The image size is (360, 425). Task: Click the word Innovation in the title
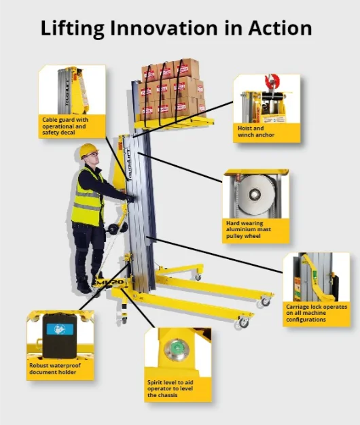click(x=164, y=28)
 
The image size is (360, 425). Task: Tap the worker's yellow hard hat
click(x=88, y=150)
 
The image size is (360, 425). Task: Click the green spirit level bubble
click(x=177, y=349)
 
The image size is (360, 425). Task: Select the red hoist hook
click(x=272, y=82)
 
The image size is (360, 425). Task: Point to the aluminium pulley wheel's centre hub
click(x=255, y=194)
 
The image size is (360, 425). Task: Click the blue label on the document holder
click(x=60, y=329)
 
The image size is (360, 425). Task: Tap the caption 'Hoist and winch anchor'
click(x=256, y=131)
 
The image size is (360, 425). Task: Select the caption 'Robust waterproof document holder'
click(x=55, y=369)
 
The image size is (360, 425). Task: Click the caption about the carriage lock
click(x=316, y=313)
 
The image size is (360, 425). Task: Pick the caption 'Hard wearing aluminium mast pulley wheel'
click(x=248, y=230)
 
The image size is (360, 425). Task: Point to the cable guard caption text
click(x=65, y=126)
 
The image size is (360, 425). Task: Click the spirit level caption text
click(x=170, y=389)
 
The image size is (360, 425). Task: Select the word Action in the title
click(x=280, y=28)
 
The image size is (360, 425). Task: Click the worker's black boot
click(x=84, y=287)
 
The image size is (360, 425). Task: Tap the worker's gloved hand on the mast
click(x=130, y=199)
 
